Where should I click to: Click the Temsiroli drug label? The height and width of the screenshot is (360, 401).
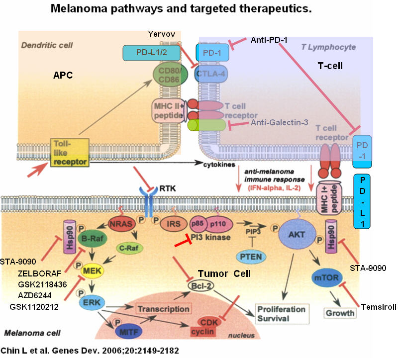tap(381, 307)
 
